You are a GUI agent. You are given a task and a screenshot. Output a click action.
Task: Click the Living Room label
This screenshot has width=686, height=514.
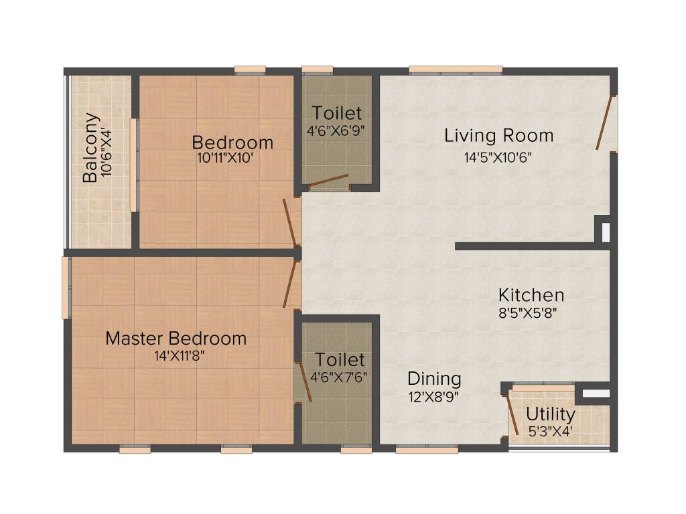click(499, 136)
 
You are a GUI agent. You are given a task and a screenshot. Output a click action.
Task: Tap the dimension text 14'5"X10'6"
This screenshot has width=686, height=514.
click(499, 158)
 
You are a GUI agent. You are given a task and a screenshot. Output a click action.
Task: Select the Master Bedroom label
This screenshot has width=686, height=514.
click(176, 339)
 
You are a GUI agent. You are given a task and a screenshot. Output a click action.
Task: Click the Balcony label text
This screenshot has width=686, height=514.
click(91, 158)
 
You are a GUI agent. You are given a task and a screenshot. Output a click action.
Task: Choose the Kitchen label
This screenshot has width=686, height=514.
click(531, 294)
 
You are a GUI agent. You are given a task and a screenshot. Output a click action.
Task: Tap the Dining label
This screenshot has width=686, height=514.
click(434, 379)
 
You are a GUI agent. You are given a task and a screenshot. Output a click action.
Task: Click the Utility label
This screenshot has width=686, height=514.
click(550, 414)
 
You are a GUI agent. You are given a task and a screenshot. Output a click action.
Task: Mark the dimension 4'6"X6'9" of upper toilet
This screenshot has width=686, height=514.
click(336, 131)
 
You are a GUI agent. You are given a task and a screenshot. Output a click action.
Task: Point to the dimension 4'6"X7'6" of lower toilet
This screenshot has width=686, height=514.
click(338, 376)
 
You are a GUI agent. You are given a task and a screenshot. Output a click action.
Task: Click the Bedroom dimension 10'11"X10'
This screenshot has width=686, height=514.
click(223, 159)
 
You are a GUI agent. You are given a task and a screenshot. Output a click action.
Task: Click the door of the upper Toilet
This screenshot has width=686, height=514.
click(328, 179)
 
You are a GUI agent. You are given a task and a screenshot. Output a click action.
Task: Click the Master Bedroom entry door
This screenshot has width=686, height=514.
click(289, 284)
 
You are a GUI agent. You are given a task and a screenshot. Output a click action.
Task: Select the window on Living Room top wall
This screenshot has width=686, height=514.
click(456, 69)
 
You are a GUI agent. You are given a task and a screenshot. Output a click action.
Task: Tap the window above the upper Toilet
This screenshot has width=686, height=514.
click(318, 69)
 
